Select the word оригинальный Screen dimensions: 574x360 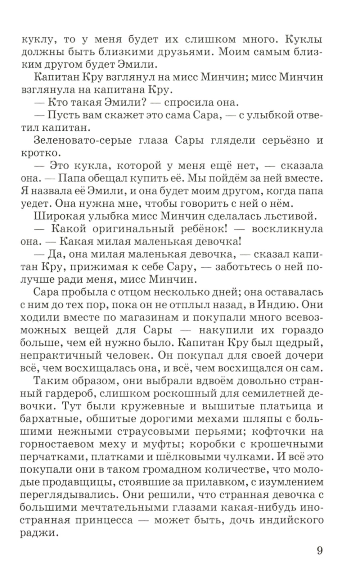click(x=144, y=229)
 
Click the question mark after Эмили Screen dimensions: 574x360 click(x=143, y=102)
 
